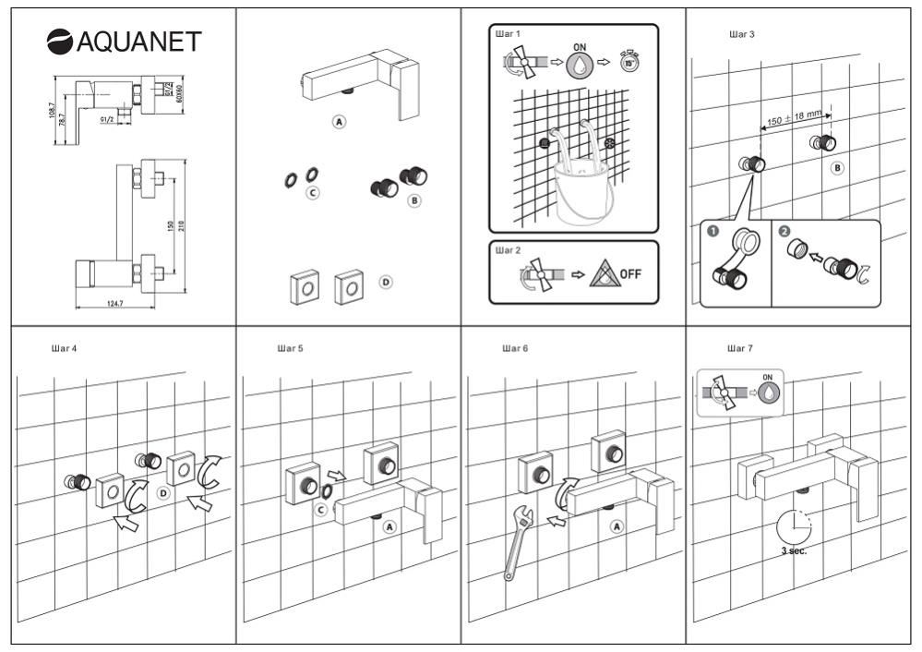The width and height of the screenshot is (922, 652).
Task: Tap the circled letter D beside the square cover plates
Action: pyautogui.click(x=386, y=282)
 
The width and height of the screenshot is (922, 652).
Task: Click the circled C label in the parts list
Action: pyautogui.click(x=313, y=193)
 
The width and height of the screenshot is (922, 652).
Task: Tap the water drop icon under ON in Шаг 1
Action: pyautogui.click(x=580, y=65)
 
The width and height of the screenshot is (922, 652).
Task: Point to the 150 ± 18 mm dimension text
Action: pyautogui.click(x=794, y=117)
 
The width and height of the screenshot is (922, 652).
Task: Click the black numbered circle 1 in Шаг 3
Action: pyautogui.click(x=712, y=231)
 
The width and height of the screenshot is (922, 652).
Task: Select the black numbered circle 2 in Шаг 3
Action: pyautogui.click(x=784, y=231)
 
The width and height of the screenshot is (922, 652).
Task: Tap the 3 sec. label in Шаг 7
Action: pyautogui.click(x=792, y=550)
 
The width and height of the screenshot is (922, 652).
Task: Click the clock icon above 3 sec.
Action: pyautogui.click(x=792, y=525)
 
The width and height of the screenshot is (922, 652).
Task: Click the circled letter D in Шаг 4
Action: pyautogui.click(x=162, y=494)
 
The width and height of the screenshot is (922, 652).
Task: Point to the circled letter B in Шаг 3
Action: pyautogui.click(x=837, y=169)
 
